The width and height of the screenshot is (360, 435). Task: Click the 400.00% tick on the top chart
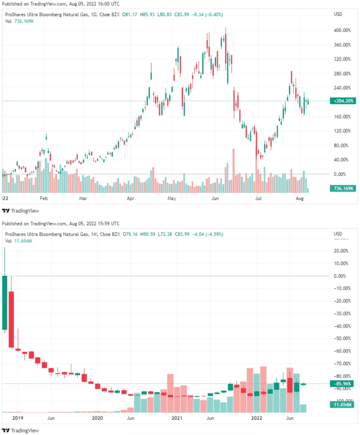coord(343,30)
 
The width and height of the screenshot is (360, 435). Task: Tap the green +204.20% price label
coord(343,101)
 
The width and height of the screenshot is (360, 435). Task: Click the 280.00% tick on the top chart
coord(343,74)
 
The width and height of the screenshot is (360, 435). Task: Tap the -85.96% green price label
coord(343,383)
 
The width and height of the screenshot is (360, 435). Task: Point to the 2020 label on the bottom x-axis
coord(98,418)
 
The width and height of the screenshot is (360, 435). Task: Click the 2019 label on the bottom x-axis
coord(17,418)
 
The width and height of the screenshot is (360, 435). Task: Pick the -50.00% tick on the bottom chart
coord(343,339)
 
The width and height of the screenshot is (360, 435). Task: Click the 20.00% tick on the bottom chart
coord(343,251)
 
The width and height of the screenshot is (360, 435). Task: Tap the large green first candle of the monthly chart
coord(5,303)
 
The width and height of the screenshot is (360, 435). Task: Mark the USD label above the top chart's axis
coord(339,14)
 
